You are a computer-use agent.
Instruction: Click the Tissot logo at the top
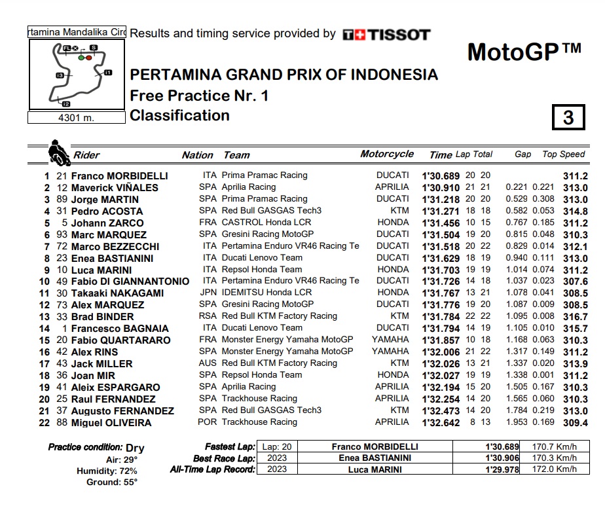click(x=386, y=34)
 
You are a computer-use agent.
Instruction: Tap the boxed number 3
click(x=568, y=117)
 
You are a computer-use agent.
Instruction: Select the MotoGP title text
click(x=524, y=52)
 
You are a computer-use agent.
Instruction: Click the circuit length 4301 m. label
click(x=77, y=118)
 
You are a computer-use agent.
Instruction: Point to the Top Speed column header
click(x=563, y=154)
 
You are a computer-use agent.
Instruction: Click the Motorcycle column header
click(x=387, y=154)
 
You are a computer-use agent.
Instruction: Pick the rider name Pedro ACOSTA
click(x=107, y=211)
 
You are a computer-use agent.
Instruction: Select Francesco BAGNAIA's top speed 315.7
click(x=575, y=329)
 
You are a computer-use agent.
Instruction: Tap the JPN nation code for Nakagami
click(x=207, y=293)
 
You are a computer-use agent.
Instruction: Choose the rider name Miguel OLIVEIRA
click(x=111, y=423)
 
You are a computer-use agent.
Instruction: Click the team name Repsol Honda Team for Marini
click(x=262, y=270)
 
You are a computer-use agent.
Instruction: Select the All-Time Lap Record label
click(x=211, y=469)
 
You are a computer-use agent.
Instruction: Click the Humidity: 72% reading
click(x=107, y=471)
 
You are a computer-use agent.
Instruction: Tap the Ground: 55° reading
click(x=112, y=482)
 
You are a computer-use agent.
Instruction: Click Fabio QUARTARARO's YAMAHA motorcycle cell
click(x=390, y=340)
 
